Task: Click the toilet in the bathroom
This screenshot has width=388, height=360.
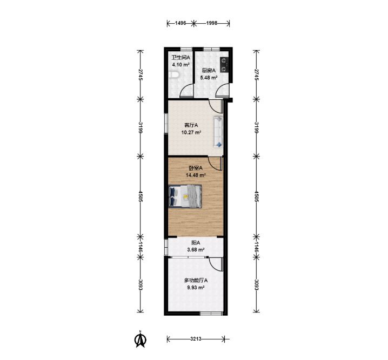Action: coord(173,75)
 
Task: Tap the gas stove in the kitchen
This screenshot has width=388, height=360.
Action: coord(224,65)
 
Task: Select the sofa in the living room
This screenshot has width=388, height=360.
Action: coord(218,132)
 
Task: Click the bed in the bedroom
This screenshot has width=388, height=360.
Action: coord(185,196)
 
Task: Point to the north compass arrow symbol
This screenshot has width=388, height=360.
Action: coord(141,339)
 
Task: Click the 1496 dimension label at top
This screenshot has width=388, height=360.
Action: coord(180,23)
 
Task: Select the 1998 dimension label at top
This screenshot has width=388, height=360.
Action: coord(212,23)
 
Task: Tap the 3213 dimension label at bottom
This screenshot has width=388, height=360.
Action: coord(196,339)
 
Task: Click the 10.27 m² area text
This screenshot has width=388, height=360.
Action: coord(191,132)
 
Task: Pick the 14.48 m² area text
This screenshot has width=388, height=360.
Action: coord(196,175)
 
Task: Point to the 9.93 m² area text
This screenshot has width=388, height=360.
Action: coord(196,288)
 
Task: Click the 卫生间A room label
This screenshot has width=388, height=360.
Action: coord(181,58)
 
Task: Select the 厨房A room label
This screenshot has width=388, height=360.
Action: coord(209,71)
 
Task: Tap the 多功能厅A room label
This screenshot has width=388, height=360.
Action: coord(196,281)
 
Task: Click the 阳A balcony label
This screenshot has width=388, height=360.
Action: coord(196,243)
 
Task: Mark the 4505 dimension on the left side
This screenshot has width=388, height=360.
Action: coord(141,196)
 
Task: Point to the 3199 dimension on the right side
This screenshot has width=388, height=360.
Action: coord(257,128)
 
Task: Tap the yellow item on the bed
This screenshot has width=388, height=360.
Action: coord(185,196)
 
